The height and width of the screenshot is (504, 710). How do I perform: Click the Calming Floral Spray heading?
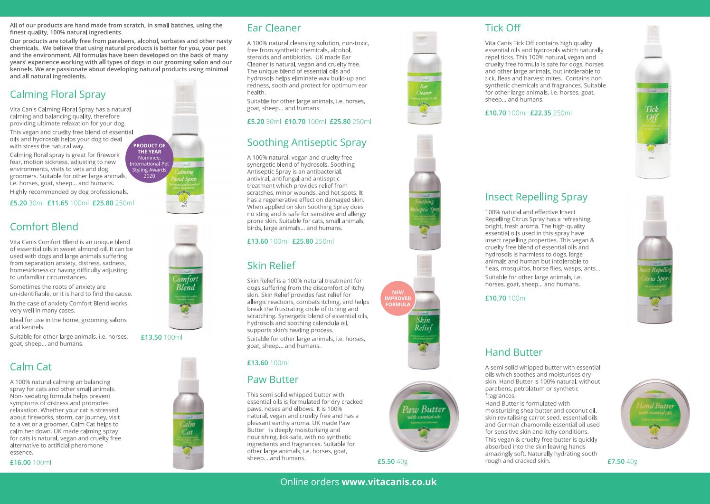pos(57,94)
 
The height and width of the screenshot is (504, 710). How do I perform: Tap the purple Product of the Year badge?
pos(149,161)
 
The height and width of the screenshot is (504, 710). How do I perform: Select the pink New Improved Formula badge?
pos(398,298)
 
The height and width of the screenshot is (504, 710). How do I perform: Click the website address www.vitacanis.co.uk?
pos(389,482)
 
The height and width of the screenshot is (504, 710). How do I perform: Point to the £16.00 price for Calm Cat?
pos(20,462)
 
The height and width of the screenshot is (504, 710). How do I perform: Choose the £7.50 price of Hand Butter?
pos(616,461)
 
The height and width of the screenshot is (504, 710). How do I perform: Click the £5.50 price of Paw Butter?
pos(386,461)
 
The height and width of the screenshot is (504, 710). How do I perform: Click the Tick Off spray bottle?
pos(652,105)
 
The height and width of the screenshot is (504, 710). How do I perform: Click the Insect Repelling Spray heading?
pos(536,197)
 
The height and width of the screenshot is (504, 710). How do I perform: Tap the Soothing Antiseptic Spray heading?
pos(306,142)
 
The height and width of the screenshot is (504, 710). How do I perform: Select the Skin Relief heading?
pos(271,265)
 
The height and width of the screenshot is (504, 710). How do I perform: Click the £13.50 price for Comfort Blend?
pos(151,338)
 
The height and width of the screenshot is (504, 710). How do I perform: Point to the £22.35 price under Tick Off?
pos(540,113)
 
